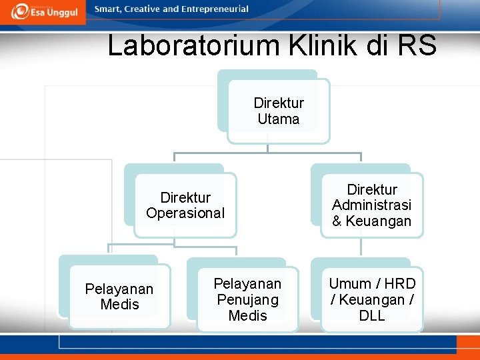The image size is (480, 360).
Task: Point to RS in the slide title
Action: (416, 46)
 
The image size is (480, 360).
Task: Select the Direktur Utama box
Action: (278, 111)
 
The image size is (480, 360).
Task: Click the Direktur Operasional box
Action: (185, 205)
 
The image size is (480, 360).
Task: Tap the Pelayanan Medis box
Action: (119, 297)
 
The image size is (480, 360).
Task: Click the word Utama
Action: (279, 119)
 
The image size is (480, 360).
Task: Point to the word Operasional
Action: (185, 213)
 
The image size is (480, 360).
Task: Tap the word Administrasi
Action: (372, 205)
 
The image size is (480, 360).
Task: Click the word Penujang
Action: (247, 300)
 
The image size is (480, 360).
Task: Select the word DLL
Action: (372, 316)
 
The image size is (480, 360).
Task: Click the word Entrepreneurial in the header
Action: (213, 9)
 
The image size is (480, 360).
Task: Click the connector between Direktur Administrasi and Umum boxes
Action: (361, 247)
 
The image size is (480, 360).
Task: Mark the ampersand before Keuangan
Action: (337, 221)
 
